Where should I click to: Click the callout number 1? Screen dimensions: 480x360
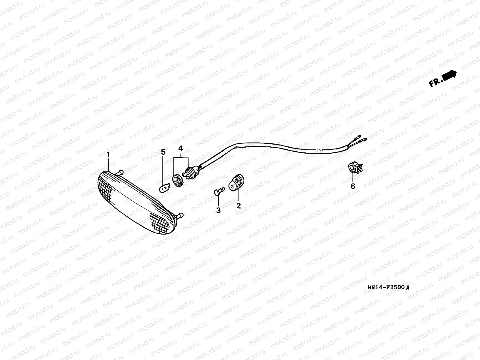coord(108,155)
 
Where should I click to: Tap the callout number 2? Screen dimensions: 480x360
coord(238,206)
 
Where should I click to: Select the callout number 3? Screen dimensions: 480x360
coord(218,211)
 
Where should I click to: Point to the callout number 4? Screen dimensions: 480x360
coord(181,148)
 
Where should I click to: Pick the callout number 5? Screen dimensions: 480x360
coord(163,152)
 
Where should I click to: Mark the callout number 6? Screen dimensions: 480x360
coord(353,186)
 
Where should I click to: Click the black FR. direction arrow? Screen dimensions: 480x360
coord(449,75)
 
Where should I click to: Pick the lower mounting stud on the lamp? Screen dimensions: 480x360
coord(180,215)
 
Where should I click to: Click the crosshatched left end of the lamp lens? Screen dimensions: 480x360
coord(105,186)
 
